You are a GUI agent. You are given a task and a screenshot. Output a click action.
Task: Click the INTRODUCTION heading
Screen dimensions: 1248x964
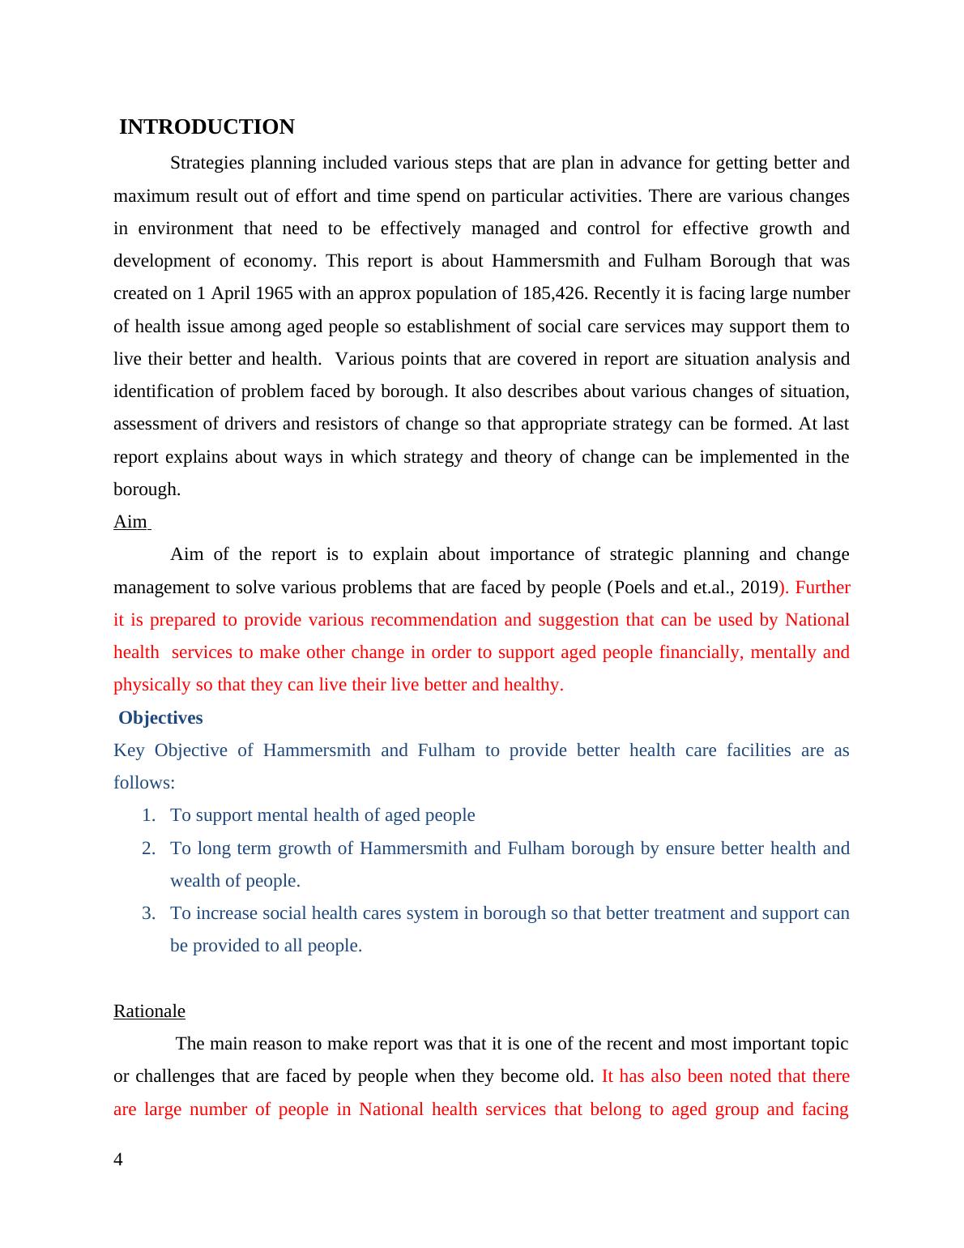[x=207, y=127]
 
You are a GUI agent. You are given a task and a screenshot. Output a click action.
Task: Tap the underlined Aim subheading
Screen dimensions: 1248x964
[x=130, y=522]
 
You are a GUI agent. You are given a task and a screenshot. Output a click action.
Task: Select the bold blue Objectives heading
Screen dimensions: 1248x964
[x=160, y=718]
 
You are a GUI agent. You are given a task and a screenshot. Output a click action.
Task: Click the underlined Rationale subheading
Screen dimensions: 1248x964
[x=149, y=1011]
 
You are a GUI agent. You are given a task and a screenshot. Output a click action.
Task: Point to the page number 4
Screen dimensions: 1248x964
[x=118, y=1160]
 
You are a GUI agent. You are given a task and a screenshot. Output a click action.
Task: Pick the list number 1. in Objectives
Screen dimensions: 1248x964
[x=148, y=815]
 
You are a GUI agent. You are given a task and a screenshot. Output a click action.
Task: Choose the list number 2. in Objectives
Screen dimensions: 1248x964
[x=148, y=848]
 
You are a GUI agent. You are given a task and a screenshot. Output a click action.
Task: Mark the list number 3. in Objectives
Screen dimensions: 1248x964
[x=148, y=913]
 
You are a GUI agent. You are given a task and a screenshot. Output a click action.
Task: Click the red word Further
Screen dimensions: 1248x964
[x=822, y=588]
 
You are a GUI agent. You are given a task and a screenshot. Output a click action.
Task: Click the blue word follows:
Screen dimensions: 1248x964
[x=144, y=783]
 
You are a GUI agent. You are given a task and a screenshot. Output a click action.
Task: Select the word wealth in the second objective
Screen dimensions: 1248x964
[x=195, y=881]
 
